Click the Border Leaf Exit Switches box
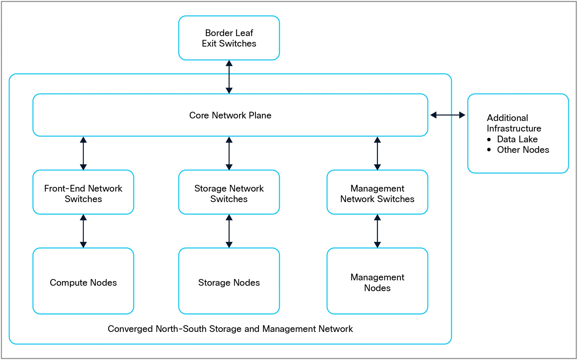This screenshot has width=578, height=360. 229,38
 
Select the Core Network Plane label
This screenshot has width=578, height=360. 230,115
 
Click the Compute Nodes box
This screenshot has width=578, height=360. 83,282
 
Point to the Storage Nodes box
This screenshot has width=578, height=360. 229,282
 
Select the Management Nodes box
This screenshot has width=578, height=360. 377,282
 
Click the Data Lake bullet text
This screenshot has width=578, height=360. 517,139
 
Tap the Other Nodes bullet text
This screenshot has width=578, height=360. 523,150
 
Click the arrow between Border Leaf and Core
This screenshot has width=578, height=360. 229,77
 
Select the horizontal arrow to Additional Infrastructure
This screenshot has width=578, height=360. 448,115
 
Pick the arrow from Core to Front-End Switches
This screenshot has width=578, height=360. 83,153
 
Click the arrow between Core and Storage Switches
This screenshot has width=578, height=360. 229,153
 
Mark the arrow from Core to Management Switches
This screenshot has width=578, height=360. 377,153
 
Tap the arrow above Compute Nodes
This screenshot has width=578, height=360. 83,231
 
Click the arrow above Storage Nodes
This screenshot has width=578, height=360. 229,231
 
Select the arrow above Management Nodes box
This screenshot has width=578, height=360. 377,231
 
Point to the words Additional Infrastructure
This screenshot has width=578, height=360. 514,123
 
